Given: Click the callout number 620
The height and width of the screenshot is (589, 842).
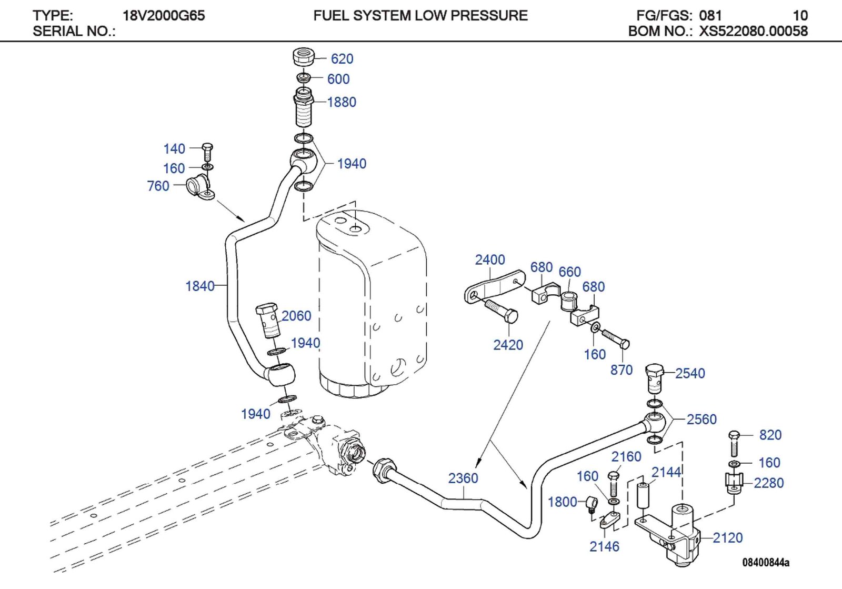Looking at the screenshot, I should pos(342,59).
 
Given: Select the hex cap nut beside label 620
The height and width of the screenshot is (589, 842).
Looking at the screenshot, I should pos(304,56).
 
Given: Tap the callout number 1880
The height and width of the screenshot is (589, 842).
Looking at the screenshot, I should pos(342,102).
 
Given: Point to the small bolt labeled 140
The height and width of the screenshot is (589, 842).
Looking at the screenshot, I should pos(207,151).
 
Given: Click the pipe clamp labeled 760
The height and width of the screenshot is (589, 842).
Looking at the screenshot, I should pos(200,187).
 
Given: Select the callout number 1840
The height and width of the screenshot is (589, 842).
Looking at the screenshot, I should pos(200,286).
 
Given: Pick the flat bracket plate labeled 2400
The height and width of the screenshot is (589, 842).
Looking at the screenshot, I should pos(495,286).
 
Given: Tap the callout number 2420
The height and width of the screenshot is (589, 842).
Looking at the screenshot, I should pos(508,345).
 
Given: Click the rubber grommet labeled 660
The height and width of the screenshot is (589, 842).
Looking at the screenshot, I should pos(569,301).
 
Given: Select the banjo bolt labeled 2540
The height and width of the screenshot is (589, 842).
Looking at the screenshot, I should pos(654,377).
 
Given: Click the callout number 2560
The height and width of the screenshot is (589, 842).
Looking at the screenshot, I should pos(701,419).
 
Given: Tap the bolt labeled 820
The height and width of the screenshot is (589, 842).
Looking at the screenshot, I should pos(734,443).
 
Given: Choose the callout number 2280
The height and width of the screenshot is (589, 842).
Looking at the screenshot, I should pos(768,483).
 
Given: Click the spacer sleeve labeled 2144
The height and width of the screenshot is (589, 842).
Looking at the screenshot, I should pos(643,494).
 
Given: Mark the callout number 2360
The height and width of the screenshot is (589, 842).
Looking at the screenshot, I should pos(463,478).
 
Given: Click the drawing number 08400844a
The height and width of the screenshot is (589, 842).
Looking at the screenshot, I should pos(766,562).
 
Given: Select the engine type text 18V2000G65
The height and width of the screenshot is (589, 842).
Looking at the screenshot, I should pos(164,15).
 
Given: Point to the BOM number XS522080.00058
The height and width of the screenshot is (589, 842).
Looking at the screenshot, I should pos(753,31).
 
